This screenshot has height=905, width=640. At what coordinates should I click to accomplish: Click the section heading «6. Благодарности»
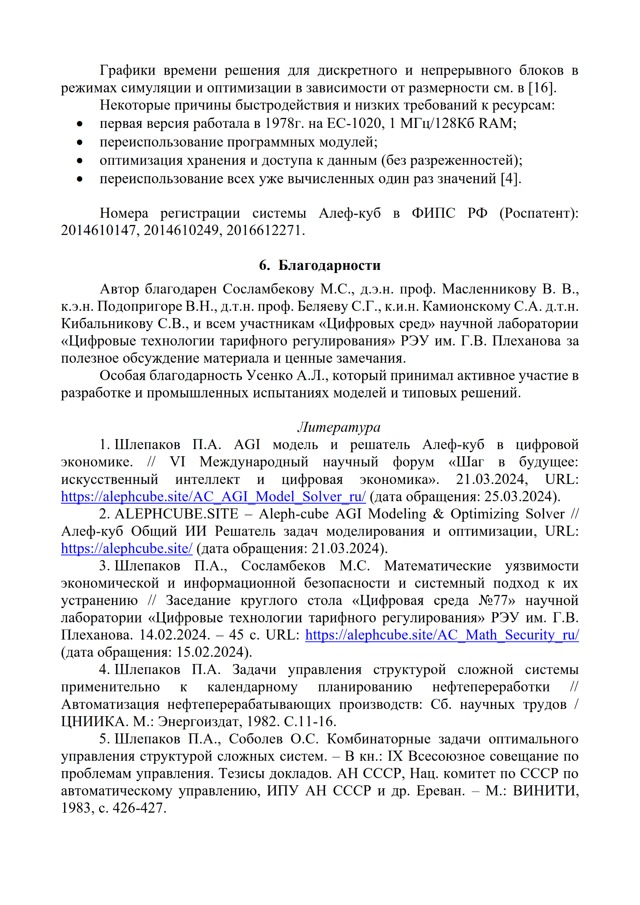click(320, 265)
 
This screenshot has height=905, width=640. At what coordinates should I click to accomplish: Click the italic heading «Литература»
click(339, 427)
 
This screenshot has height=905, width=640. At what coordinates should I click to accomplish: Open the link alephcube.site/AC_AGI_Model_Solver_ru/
click(213, 496)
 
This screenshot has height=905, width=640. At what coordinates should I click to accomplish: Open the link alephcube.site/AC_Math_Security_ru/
click(442, 635)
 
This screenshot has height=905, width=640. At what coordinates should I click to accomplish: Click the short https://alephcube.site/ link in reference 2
click(127, 548)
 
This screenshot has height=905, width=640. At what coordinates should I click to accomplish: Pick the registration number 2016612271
click(263, 230)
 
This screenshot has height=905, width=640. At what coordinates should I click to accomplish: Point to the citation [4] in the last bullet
click(510, 178)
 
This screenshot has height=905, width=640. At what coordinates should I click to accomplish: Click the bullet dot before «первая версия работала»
click(80, 124)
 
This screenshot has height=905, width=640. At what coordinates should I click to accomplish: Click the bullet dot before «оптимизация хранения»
click(80, 161)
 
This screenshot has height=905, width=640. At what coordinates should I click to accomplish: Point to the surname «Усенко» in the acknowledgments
click(269, 375)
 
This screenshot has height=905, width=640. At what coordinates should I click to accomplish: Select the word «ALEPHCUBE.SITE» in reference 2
click(176, 514)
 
